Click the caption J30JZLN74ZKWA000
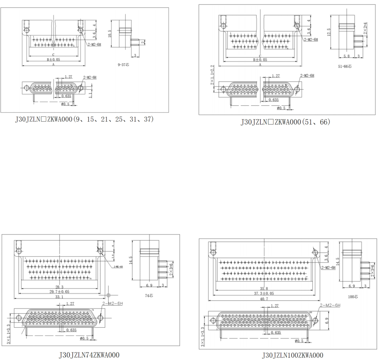click(89, 355)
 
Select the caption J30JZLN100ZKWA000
click(292, 355)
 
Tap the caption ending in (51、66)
click(285, 122)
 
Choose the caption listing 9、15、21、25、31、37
click(84, 119)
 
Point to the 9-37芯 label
click(123, 65)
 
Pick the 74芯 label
click(148, 296)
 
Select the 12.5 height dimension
click(329, 32)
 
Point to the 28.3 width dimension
click(59, 287)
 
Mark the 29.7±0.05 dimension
click(60, 292)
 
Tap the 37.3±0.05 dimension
click(265, 293)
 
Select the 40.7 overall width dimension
click(265, 299)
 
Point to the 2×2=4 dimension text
click(365, 28)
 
